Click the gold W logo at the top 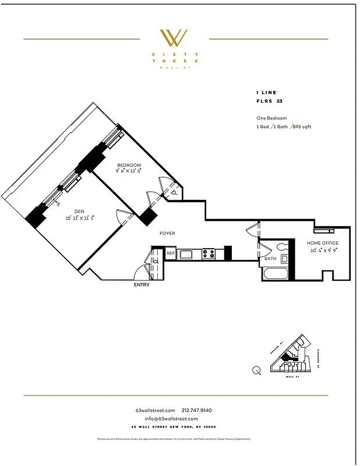(174, 38)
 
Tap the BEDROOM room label (129, 165)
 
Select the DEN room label (79, 211)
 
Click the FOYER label (168, 234)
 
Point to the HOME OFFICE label (323, 243)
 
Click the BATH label (270, 259)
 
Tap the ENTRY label (142, 285)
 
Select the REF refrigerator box (171, 253)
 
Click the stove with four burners (209, 253)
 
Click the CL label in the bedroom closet (174, 193)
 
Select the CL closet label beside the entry (156, 262)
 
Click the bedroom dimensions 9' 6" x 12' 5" (129, 171)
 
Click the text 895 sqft (302, 126)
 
